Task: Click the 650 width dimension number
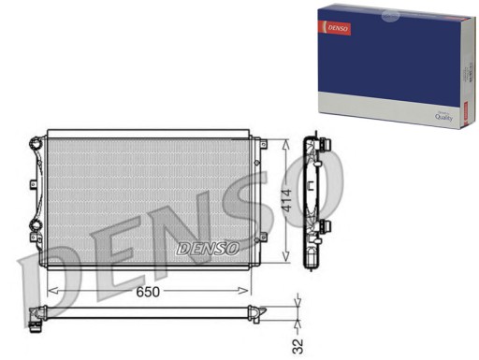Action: [151, 293]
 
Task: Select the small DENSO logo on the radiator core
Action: [208, 249]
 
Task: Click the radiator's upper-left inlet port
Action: [36, 143]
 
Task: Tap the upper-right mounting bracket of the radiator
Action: [263, 144]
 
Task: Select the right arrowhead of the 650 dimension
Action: [254, 292]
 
